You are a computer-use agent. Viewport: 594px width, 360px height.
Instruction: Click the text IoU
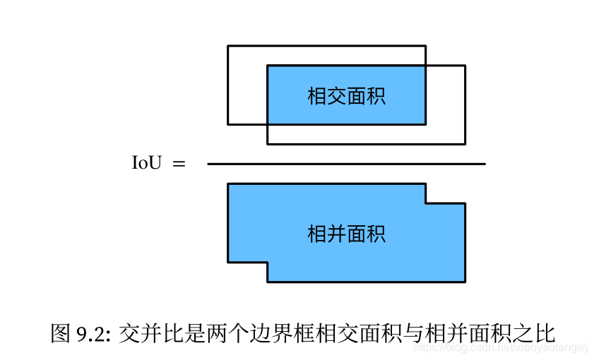(147, 164)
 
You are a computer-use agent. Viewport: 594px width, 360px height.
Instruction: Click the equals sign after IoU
(179, 164)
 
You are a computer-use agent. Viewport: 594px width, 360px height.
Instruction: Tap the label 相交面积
(346, 96)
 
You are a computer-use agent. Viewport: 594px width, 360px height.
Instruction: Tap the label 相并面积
(346, 234)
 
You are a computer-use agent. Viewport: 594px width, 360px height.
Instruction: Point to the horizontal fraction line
(346, 164)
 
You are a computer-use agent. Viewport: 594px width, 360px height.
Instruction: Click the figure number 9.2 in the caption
(91, 332)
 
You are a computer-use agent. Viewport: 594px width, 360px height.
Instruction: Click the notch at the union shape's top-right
(445, 193)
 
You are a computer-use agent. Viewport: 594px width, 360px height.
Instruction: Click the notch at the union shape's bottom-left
(247, 272)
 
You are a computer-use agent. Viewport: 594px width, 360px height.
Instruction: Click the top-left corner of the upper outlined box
(228, 46)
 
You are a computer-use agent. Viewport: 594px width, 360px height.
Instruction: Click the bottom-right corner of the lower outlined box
(465, 144)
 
